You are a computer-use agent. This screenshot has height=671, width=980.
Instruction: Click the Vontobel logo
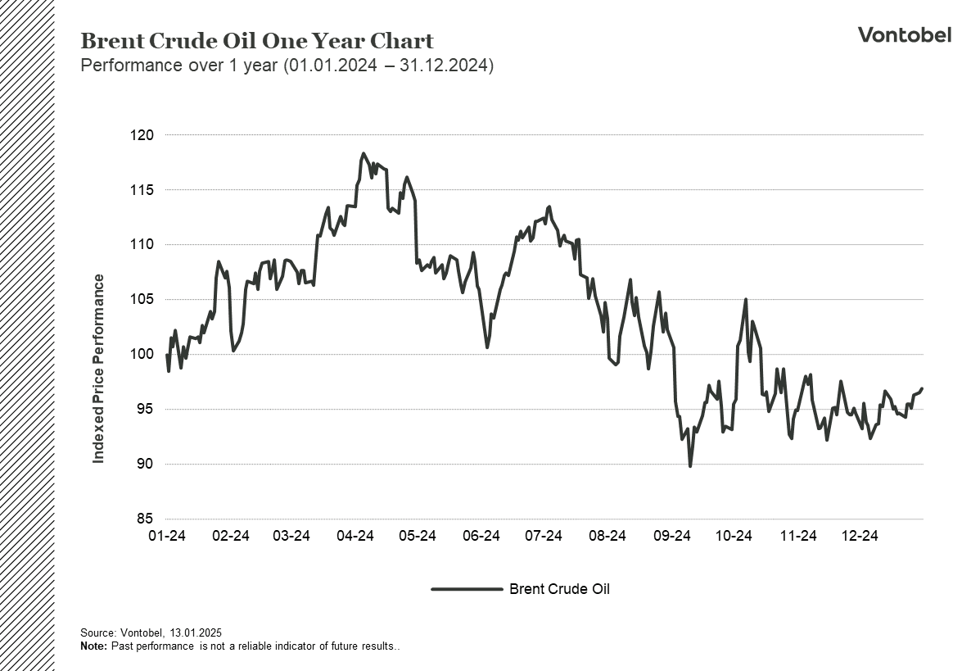click(904, 34)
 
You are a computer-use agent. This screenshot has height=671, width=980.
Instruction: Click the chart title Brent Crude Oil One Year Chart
click(257, 41)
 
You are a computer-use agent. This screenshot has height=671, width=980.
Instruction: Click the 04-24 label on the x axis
click(355, 537)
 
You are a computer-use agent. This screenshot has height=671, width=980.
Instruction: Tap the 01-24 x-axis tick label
click(166, 537)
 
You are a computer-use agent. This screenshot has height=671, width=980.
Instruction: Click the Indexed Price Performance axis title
click(99, 369)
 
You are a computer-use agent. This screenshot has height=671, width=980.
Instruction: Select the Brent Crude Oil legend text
click(559, 589)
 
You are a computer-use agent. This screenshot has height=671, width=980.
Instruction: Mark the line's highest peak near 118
click(363, 154)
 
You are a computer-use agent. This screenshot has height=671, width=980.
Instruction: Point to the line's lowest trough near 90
click(690, 466)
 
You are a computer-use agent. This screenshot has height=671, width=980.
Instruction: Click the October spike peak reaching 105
click(746, 300)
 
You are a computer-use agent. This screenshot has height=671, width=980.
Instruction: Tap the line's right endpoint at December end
click(922, 388)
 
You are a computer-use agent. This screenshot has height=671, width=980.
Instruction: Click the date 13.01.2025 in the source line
click(196, 633)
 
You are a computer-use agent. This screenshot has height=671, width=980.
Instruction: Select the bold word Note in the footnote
click(93, 646)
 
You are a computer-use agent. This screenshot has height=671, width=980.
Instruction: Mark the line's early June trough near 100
click(487, 347)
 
